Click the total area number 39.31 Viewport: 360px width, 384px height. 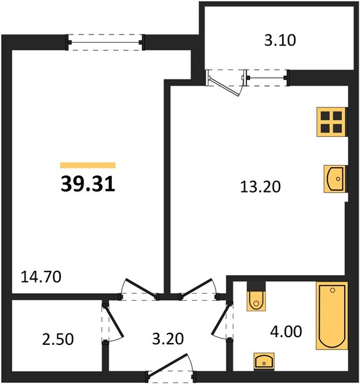88,184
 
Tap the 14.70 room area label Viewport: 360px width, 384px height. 41,277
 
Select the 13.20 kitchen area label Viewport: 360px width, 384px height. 260,187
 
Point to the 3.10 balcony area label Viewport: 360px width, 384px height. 280,40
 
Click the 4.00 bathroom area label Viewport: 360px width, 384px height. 286,332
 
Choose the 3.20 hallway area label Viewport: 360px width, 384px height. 168,339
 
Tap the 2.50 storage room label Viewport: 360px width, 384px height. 58,340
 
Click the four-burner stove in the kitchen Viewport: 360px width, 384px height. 332,122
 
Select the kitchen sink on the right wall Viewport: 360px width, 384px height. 335,179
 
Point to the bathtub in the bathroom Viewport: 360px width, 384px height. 332,316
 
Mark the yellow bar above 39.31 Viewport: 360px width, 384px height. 88,165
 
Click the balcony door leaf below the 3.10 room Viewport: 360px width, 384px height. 224,87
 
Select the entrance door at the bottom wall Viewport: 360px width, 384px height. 169,365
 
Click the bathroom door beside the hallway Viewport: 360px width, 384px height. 221,321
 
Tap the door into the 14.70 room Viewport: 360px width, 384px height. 140,289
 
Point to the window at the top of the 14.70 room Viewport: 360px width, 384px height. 106,42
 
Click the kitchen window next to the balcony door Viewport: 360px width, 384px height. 267,78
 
